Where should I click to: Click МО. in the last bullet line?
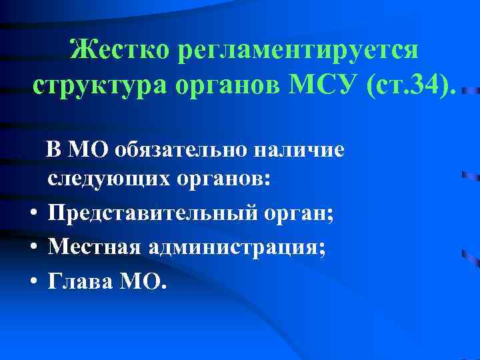(139, 281)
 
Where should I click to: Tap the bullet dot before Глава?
(32, 281)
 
